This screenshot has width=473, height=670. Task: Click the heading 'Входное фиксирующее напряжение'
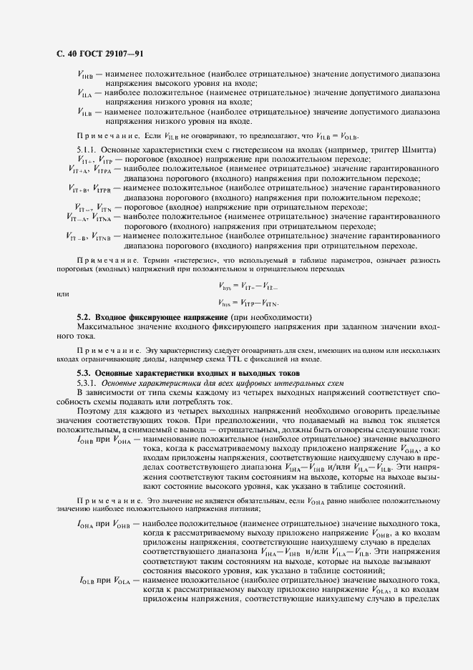[x=161, y=316]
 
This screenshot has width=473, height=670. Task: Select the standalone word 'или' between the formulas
[x=63, y=294]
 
